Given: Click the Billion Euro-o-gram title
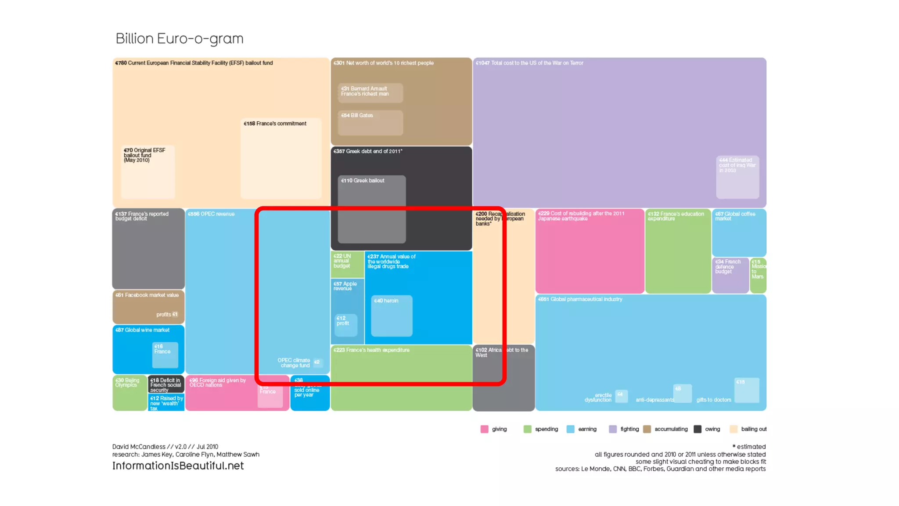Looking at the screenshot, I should point(179,39).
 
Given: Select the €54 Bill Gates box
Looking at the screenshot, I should point(370,123).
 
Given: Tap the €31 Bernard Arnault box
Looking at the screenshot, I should point(370,93).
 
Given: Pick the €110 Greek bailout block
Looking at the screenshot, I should point(371,209).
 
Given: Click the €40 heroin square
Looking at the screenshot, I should point(392,316).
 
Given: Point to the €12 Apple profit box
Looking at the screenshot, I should point(346,325).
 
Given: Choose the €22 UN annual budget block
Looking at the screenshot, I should point(347,264).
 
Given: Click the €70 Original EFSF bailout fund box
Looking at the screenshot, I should point(148,172).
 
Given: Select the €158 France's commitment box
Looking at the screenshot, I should point(281,158).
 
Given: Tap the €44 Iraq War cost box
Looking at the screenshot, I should point(737,177).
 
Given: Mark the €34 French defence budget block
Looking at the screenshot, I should point(730,275).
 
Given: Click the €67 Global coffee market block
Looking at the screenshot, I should point(739,232).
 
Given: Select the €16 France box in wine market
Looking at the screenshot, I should point(165,355).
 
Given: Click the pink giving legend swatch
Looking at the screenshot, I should point(484,429).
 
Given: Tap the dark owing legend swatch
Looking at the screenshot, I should point(698,429).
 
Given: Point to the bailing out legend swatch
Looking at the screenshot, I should point(734,429).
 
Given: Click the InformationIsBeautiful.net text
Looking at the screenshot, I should point(178,466).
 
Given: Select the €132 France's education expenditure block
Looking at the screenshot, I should point(678,251).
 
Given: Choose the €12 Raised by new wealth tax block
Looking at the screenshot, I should point(166,403).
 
